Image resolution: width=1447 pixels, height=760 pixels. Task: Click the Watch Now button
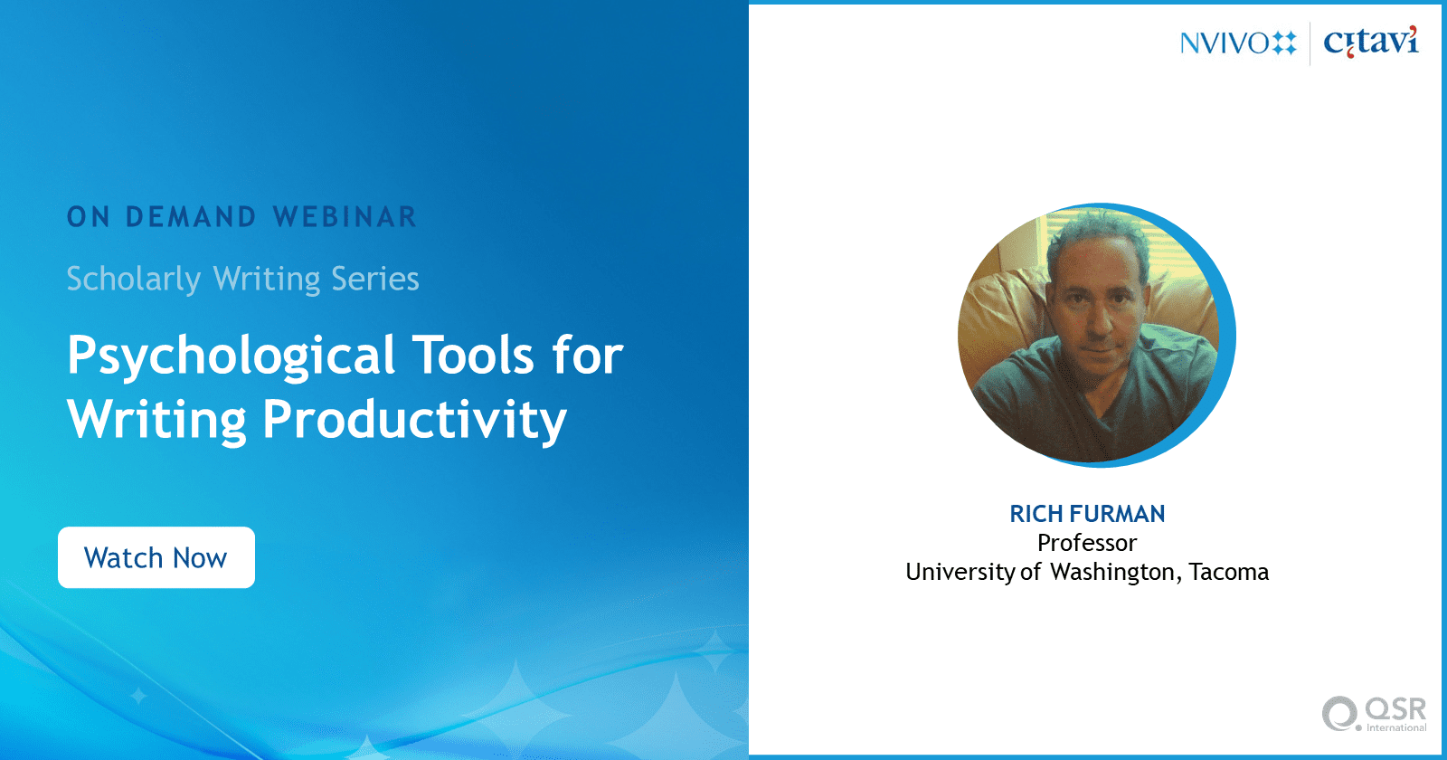156,557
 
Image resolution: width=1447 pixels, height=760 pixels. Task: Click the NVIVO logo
1238,44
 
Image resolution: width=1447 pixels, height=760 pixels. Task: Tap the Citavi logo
1371,42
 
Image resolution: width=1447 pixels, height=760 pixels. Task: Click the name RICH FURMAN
1087,514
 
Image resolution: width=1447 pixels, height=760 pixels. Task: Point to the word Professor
1087,543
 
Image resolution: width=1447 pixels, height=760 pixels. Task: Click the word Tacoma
1229,572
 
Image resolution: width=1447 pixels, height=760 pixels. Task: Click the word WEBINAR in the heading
345,217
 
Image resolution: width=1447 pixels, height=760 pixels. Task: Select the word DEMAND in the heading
191,217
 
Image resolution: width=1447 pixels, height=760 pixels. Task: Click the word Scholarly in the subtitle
134,280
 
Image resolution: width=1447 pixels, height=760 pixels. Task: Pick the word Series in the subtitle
374,279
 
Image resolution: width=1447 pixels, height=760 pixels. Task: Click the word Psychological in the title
231,356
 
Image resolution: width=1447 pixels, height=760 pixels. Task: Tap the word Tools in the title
474,355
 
